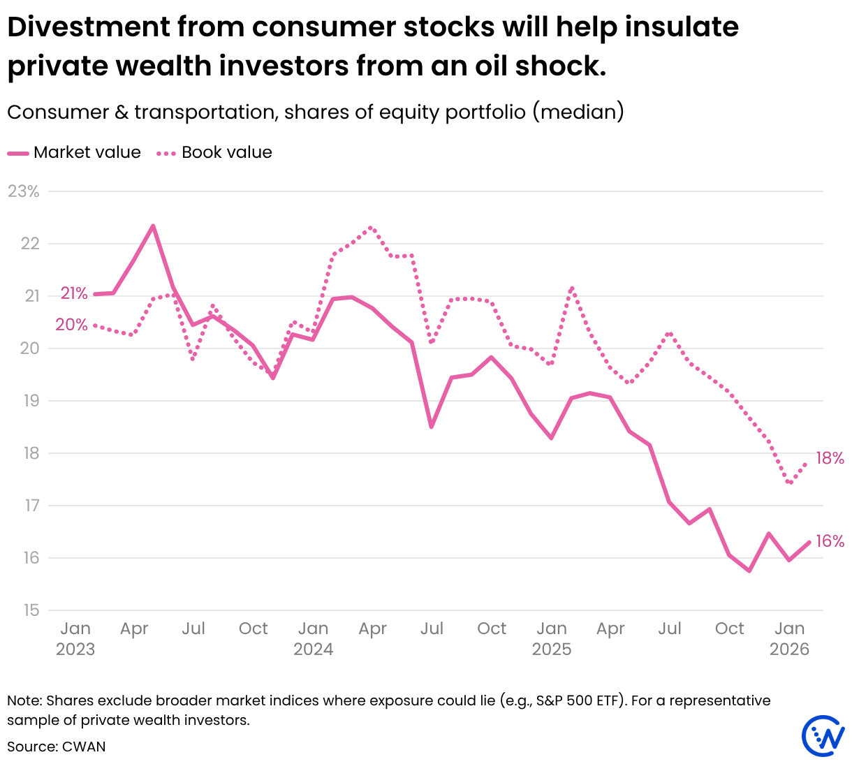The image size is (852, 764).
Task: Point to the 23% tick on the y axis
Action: tap(24, 191)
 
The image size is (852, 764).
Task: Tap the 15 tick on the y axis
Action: tap(31, 610)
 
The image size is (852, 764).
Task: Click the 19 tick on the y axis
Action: tap(31, 401)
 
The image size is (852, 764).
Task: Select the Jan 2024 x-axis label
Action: tap(313, 638)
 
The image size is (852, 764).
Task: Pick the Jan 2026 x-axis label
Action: tap(789, 638)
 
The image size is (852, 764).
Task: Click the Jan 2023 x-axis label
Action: tap(75, 638)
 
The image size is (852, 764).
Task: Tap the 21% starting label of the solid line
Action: tap(74, 293)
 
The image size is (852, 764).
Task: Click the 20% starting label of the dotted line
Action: tap(72, 325)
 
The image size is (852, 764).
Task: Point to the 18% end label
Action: tap(830, 458)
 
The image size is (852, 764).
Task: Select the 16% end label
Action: tap(830, 541)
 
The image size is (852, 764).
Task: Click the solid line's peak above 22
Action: tap(153, 226)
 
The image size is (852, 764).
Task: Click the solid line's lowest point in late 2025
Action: tap(749, 571)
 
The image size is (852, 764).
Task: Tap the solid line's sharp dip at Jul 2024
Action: tap(432, 427)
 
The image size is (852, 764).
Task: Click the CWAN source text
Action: tap(84, 747)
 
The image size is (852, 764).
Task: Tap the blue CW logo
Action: tap(823, 735)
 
